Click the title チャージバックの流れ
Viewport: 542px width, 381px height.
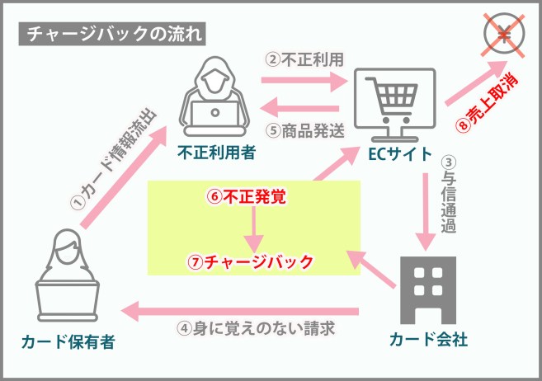tap(112, 34)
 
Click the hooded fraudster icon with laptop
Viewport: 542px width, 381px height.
tap(214, 96)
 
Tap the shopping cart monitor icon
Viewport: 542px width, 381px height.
tap(395, 105)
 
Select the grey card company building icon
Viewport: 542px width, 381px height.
tap(428, 290)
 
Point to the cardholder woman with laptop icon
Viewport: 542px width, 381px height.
tap(68, 275)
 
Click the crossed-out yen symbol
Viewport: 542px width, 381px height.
tap(504, 35)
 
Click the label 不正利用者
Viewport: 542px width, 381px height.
tap(217, 153)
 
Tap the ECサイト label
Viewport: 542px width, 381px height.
tap(400, 154)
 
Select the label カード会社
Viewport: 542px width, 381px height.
tap(428, 339)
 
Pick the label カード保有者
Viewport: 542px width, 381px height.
tap(68, 342)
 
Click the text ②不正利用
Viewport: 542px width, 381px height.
tap(304, 59)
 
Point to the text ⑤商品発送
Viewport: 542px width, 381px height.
tap(305, 130)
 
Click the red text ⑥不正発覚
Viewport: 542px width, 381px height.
tap(247, 197)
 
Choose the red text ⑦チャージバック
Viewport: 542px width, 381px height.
tap(250, 261)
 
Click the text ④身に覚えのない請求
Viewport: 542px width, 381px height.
tap(256, 328)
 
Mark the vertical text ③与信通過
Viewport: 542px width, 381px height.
tap(448, 195)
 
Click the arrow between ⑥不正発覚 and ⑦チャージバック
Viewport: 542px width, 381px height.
tap(254, 229)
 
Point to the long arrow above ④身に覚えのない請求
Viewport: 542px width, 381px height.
tap(239, 311)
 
